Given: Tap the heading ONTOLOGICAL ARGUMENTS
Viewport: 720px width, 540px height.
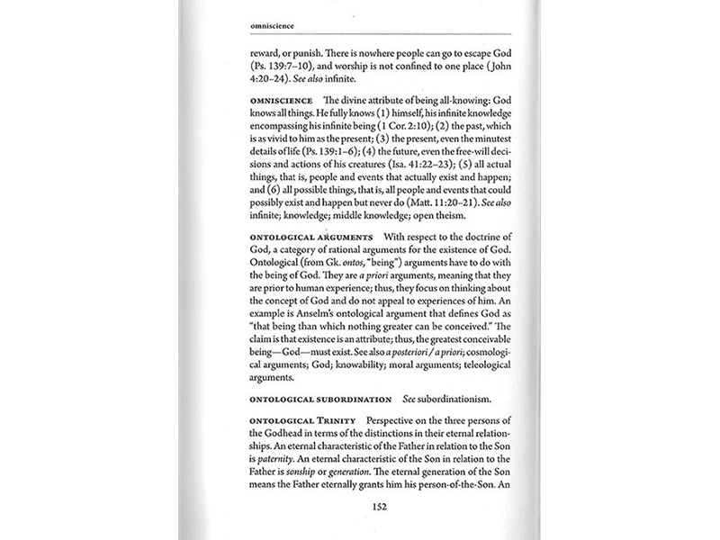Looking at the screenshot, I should coord(298,237).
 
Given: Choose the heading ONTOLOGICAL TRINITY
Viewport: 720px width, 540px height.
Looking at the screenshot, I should coord(289,422).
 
